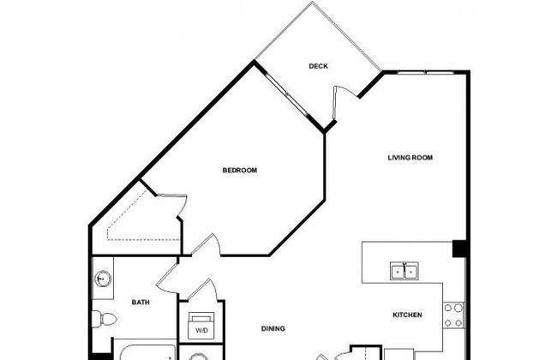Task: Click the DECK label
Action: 318,66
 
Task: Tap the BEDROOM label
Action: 240,171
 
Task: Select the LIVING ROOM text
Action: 410,158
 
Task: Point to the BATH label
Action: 141,303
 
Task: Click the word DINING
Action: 273,329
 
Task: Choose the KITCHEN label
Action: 407,315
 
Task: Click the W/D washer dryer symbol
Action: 201,326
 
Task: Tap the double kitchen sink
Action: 404,271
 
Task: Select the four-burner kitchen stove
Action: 453,315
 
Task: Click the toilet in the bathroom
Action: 105,319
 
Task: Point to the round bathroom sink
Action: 103,279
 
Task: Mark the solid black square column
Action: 459,248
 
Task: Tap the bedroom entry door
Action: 207,244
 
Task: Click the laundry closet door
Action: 203,289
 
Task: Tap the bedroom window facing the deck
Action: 286,94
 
